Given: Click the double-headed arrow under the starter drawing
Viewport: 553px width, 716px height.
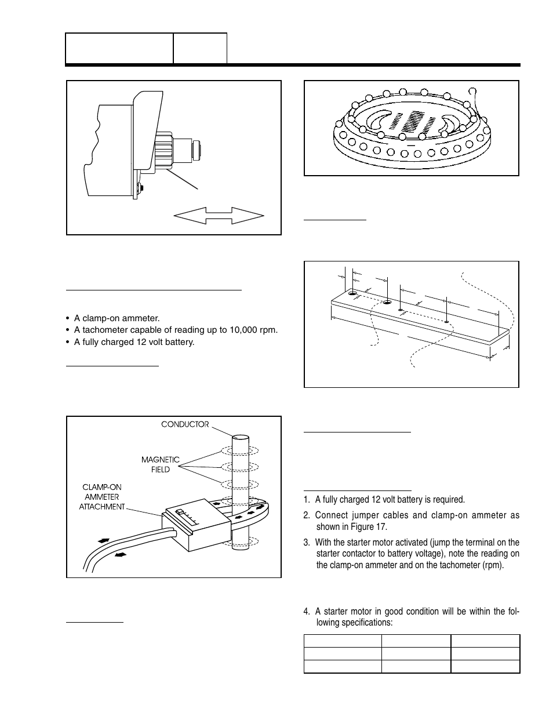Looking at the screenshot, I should click(219, 216).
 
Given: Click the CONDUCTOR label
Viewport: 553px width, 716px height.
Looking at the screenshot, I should click(184, 424).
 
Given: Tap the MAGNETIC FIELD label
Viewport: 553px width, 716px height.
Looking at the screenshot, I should click(161, 464).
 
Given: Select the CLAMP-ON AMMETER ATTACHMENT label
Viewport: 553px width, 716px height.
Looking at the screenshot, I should click(102, 497).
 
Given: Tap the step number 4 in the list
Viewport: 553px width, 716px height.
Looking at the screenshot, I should click(306, 612).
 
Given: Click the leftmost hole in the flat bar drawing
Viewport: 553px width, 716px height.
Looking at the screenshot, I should click(352, 294).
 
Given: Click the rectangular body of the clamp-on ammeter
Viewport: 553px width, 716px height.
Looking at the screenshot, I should click(197, 525).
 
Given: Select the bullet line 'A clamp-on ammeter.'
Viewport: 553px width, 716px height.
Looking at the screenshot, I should click(117, 318).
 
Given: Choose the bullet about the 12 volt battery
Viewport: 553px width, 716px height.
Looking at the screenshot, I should click(134, 341).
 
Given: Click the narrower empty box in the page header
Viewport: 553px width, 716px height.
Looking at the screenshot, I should click(200, 48).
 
